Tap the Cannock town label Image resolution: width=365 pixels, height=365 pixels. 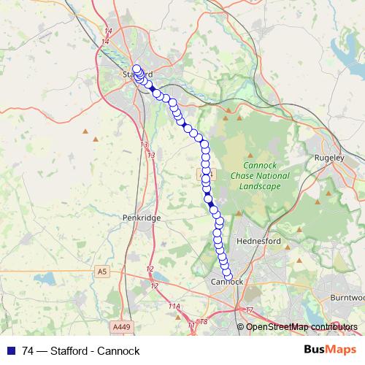pyautogui.click(x=226, y=281)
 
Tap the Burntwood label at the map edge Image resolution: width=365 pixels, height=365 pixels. pyautogui.click(x=347, y=298)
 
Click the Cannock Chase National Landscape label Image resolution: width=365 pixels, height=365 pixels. pyautogui.click(x=260, y=176)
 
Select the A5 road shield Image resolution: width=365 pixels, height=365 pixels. pyautogui.click(x=101, y=272)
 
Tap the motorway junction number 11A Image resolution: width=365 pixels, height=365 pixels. pyautogui.click(x=174, y=306)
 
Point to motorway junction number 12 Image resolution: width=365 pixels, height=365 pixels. pyautogui.click(x=150, y=269)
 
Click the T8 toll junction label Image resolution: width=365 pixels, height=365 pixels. pyautogui.click(x=204, y=322)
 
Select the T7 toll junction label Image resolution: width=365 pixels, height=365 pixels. pyautogui.click(x=250, y=310)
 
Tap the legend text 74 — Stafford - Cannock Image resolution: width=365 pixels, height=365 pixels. pyautogui.click(x=81, y=351)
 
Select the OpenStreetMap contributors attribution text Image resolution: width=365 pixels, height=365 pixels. pyautogui.click(x=301, y=327)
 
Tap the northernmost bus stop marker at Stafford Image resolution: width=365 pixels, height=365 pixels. pyautogui.click(x=137, y=69)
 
